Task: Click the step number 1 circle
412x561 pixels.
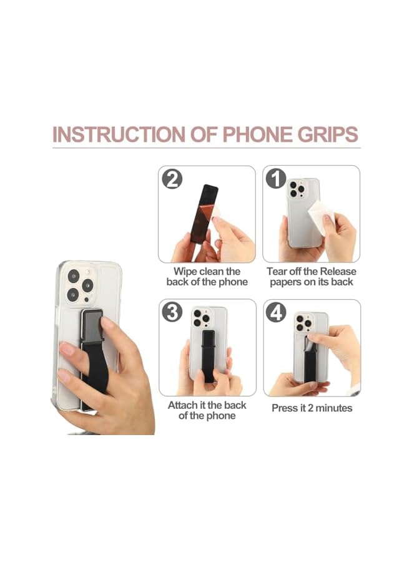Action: pos(275,180)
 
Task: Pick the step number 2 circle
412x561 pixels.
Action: pos(171,180)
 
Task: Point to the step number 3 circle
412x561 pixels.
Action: pos(172,312)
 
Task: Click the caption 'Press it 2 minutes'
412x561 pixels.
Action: pos(311,408)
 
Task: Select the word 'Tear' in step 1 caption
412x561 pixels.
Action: pos(279,272)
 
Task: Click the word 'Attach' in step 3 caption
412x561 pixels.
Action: pos(184,405)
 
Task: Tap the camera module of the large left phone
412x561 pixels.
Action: pos(80,284)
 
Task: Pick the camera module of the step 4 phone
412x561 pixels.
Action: pos(304,322)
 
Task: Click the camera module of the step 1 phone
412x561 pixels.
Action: pos(296,189)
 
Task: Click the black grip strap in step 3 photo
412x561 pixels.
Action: pos(208,355)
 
